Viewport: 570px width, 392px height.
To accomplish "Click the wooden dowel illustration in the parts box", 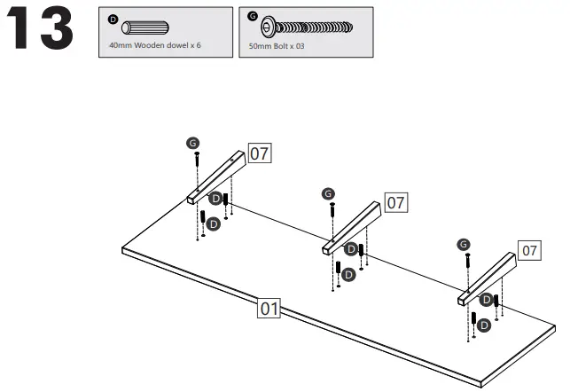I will (143, 26).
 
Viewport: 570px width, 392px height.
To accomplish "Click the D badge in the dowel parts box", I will (112, 18).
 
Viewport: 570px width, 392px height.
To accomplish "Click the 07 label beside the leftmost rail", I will (259, 153).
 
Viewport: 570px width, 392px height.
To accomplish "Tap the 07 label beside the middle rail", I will (395, 203).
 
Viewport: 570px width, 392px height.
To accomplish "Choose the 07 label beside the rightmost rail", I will (529, 251).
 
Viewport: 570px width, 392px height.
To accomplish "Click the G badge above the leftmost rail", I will (193, 143).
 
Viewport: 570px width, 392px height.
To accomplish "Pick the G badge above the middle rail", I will (329, 193).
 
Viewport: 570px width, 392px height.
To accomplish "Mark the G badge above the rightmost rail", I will (465, 244).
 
